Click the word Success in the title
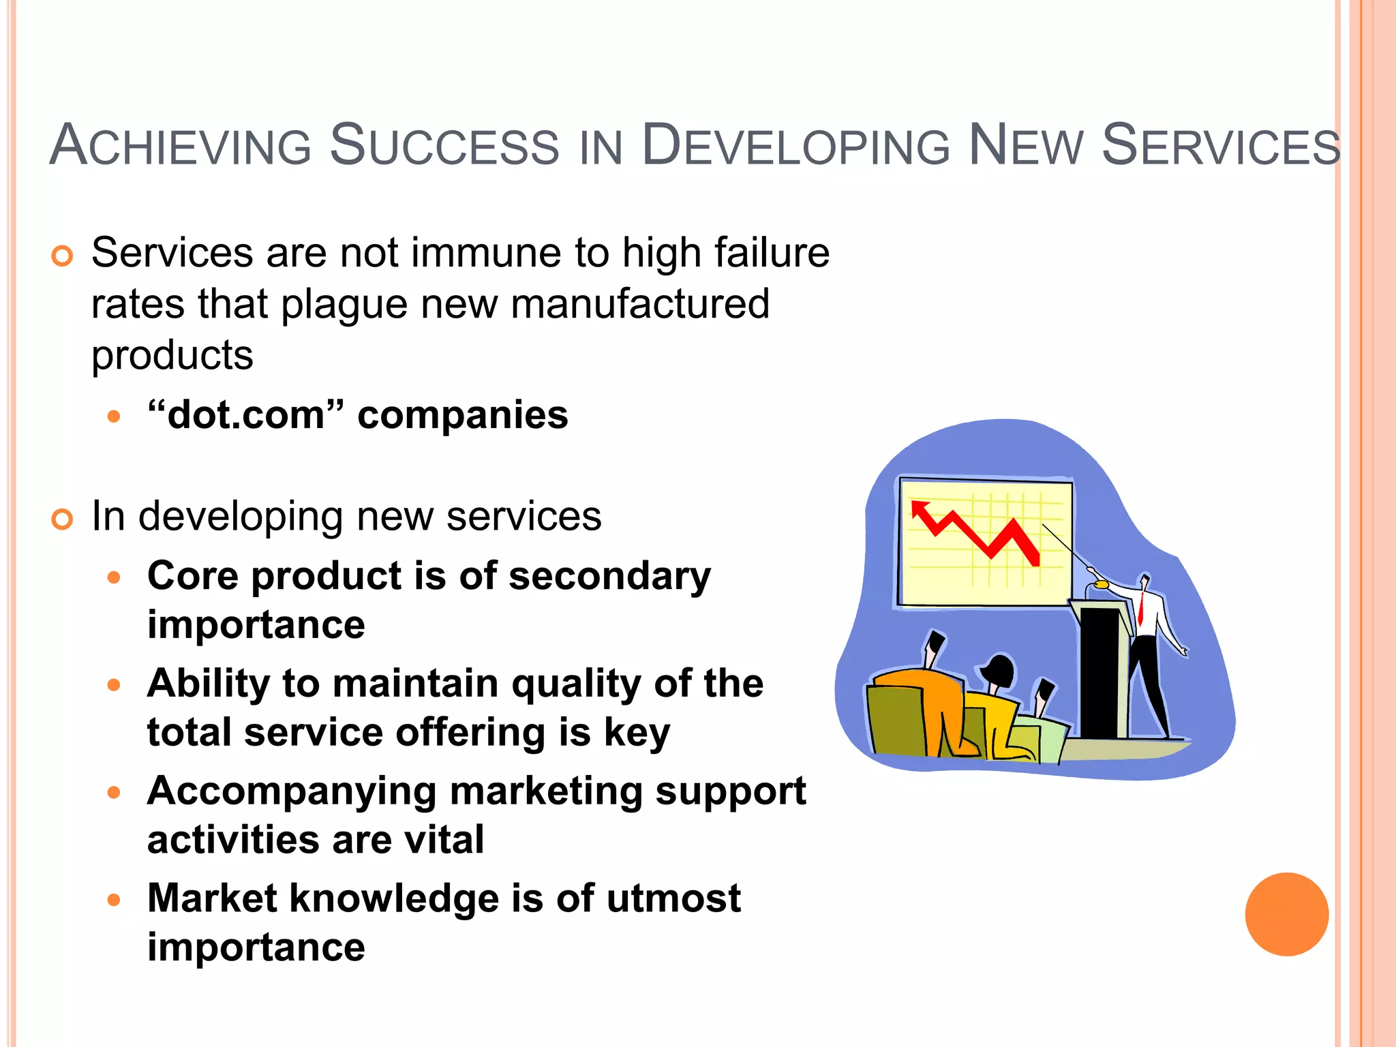(444, 145)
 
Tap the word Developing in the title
(795, 145)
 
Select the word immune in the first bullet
(487, 253)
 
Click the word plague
(344, 305)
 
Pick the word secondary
(609, 576)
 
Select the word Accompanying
(292, 792)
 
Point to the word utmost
(673, 898)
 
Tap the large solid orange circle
(1286, 914)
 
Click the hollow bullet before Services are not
(62, 257)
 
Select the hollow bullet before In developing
(62, 520)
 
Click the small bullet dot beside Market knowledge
(114, 900)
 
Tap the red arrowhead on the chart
(921, 509)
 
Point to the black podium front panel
(1099, 671)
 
